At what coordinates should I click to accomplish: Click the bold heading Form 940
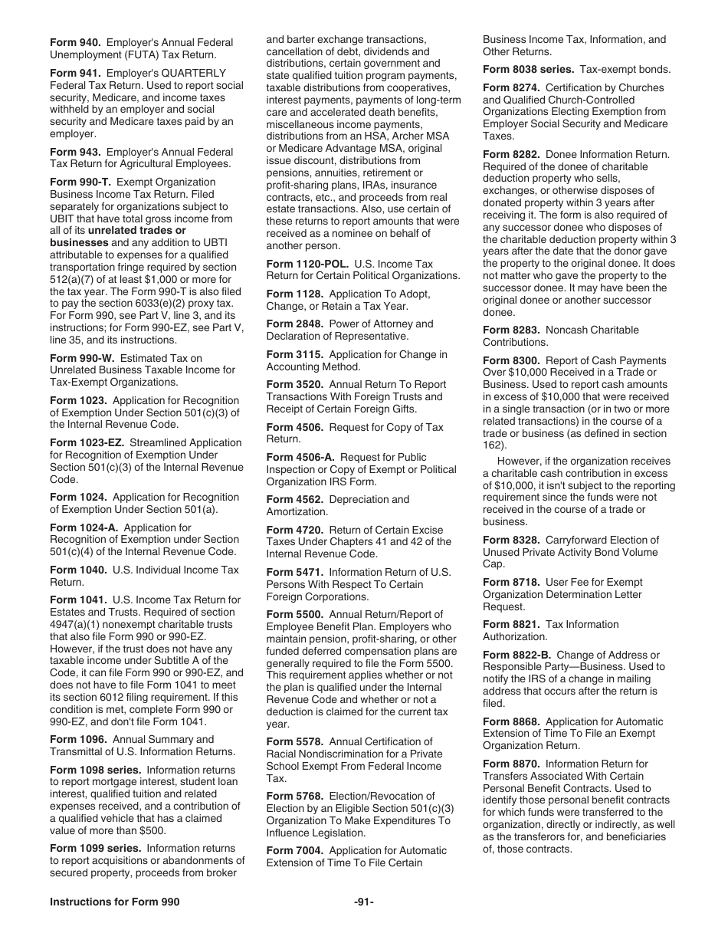[75, 43]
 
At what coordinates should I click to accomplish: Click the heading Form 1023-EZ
[87, 443]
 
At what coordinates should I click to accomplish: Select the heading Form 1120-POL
[307, 264]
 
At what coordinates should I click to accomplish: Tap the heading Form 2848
[294, 324]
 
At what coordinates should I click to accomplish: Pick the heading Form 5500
[294, 615]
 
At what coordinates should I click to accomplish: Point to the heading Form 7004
[294, 851]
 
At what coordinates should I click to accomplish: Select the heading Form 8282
[511, 155]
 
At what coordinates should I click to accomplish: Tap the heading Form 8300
[511, 361]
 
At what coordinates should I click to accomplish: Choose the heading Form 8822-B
[516, 655]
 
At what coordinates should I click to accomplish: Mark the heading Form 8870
[511, 764]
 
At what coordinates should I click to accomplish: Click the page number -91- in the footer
[364, 902]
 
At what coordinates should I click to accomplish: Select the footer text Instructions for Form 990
[114, 902]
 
